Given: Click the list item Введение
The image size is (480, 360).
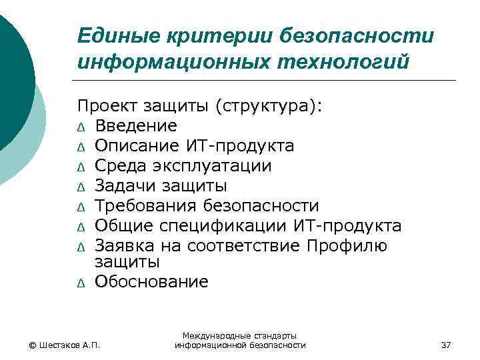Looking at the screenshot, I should (136, 125).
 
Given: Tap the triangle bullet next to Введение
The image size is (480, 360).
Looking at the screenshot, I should (81, 127).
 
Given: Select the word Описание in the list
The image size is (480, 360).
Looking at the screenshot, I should (136, 145).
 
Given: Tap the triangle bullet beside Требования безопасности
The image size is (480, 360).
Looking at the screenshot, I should (81, 207).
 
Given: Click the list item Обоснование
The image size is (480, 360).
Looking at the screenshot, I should (151, 281).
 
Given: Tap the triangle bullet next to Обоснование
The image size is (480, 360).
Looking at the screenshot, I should (81, 283).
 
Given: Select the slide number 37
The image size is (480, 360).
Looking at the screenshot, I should (446, 345).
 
